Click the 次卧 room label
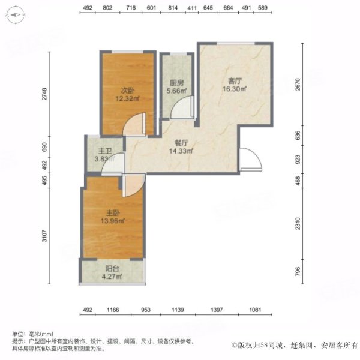click(127, 91)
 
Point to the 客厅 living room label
click(235, 80)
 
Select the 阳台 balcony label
click(112, 268)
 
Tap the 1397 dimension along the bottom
click(217, 310)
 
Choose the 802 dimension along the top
click(108, 8)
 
